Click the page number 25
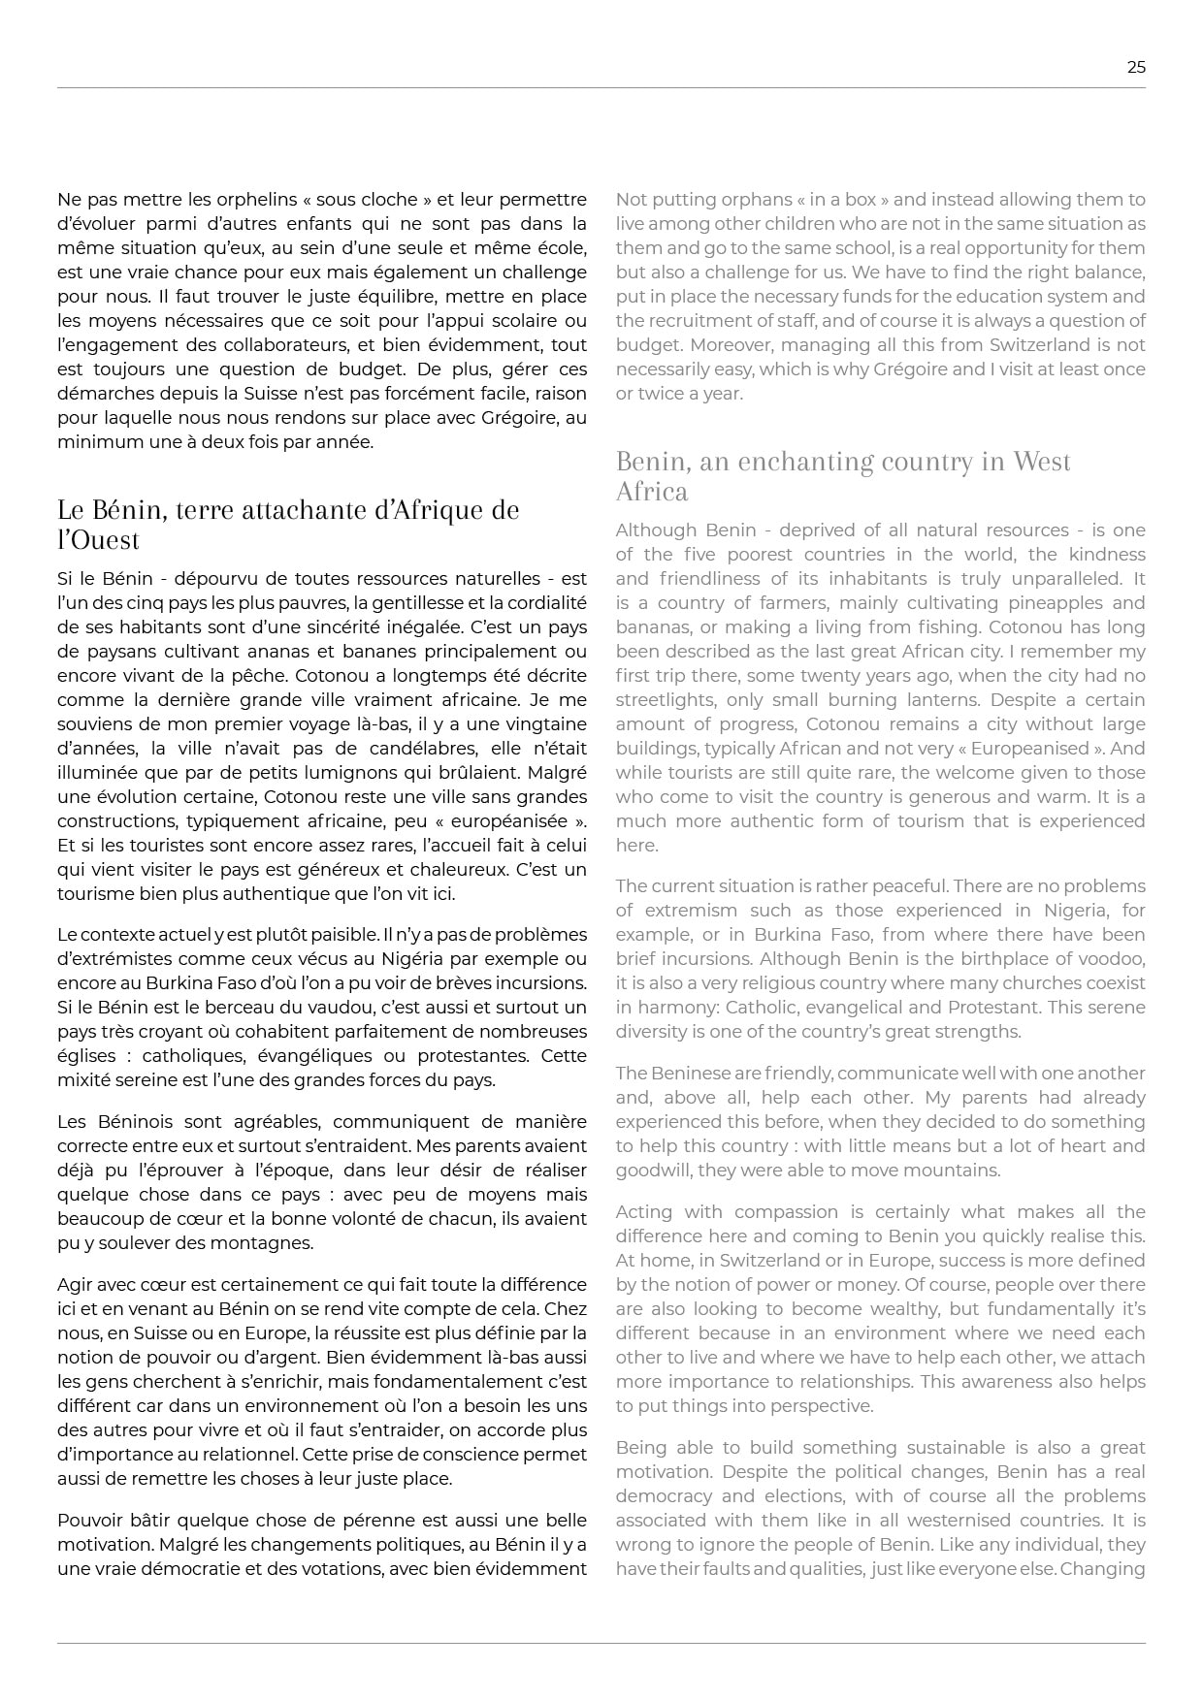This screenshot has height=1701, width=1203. (1136, 67)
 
